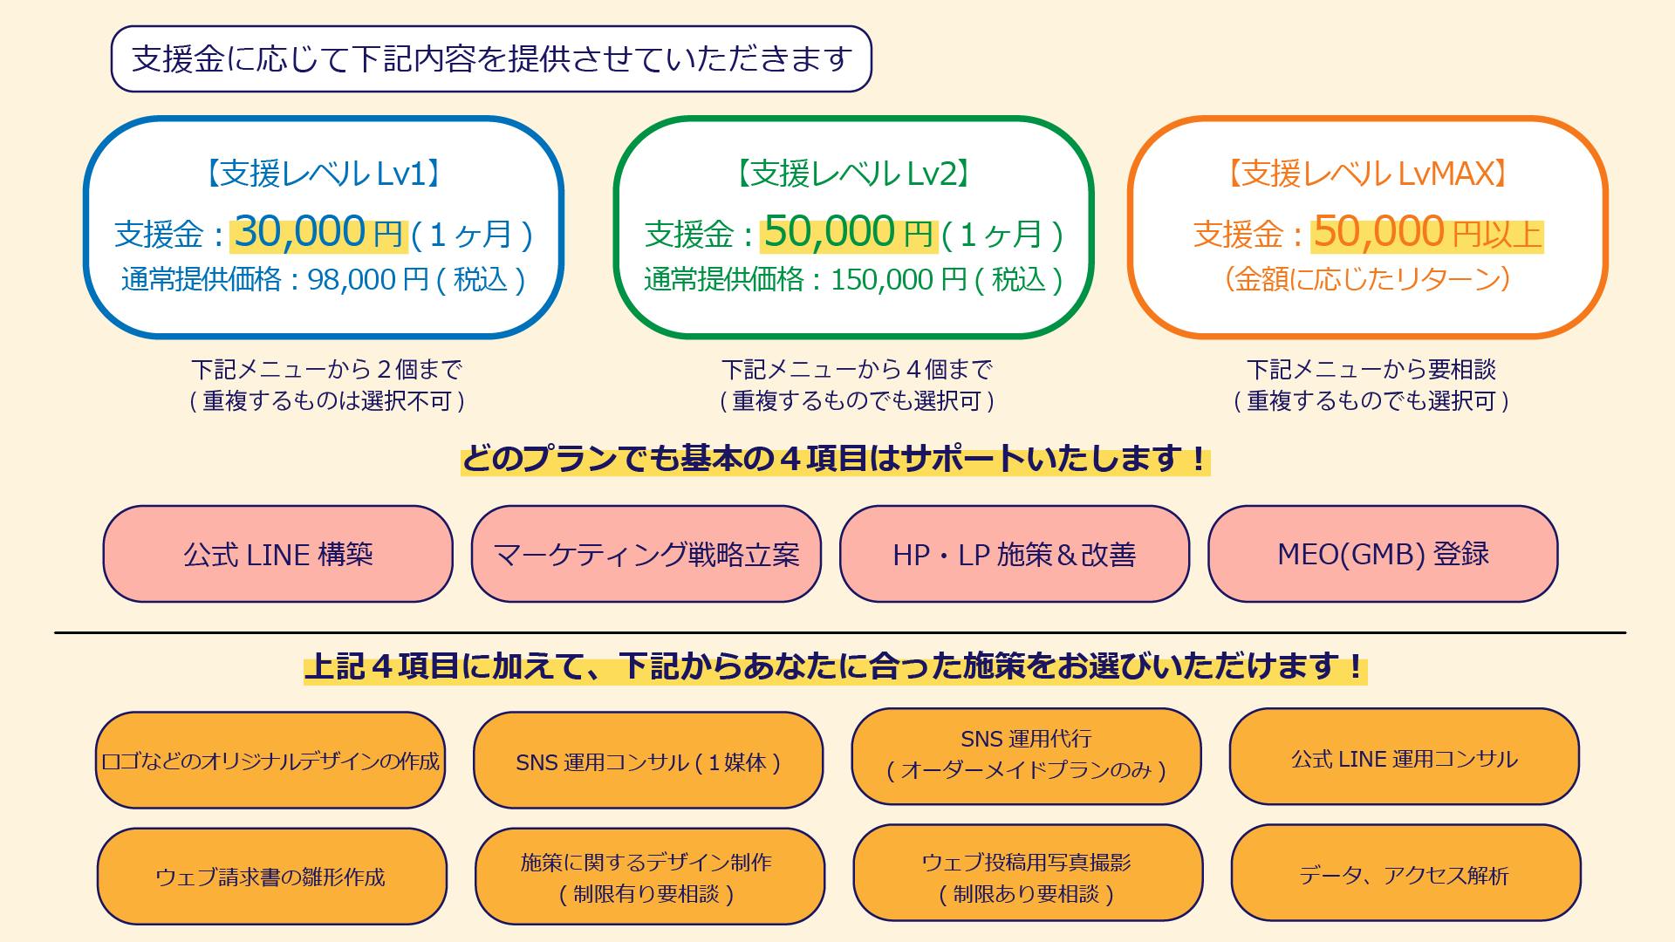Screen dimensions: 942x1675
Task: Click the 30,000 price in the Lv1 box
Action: [299, 232]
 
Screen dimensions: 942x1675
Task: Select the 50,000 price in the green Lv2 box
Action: [830, 232]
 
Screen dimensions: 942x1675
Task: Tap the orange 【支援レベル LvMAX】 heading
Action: [1367, 174]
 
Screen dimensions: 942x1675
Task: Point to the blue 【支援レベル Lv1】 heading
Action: [323, 174]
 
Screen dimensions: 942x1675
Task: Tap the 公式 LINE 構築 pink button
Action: [278, 555]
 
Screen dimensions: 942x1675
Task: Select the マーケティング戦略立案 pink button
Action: [646, 555]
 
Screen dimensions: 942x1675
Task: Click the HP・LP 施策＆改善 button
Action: [1015, 555]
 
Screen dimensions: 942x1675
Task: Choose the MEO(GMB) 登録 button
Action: [1383, 555]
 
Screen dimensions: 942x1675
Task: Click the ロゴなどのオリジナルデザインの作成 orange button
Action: [270, 761]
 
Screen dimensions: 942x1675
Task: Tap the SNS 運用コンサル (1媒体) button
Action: [648, 761]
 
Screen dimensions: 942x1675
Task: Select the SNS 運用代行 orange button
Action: [1026, 755]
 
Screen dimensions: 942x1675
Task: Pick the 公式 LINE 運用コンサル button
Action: [1405, 758]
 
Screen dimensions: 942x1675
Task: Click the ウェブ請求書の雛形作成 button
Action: [271, 877]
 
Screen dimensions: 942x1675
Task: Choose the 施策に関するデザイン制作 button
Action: [649, 877]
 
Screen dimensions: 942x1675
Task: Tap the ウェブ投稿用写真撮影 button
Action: [1027, 876]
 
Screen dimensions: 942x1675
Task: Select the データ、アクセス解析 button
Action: [1405, 875]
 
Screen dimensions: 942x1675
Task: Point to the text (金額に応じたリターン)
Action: [1367, 279]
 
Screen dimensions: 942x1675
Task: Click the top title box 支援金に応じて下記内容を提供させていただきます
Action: [491, 59]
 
